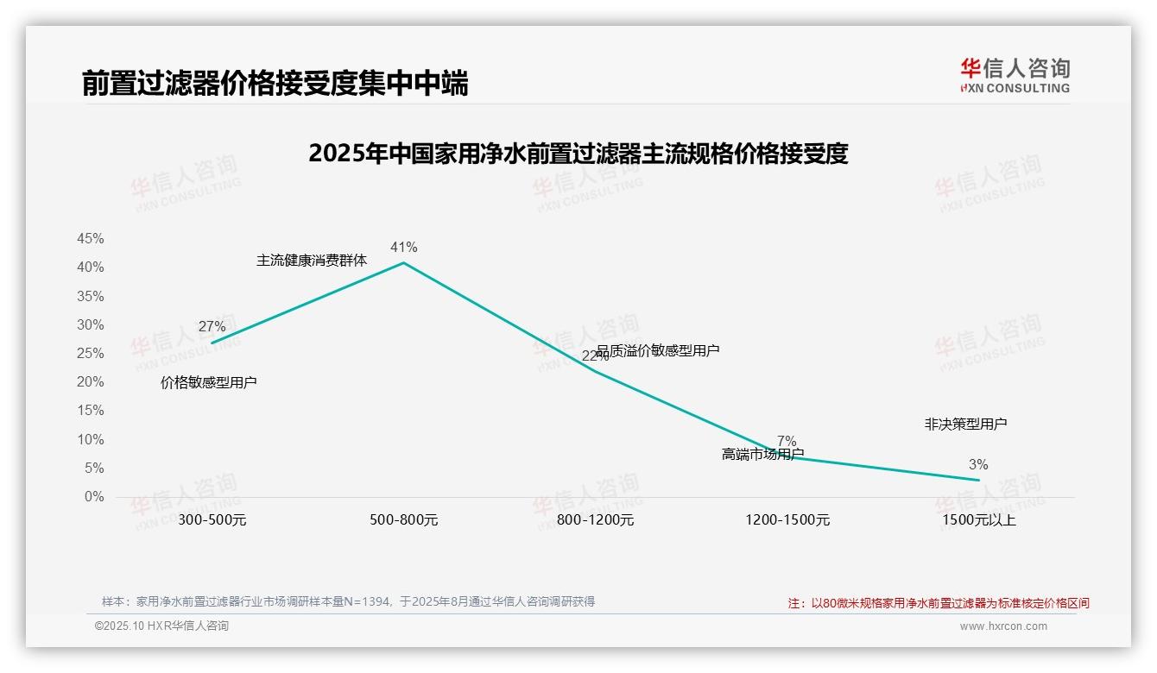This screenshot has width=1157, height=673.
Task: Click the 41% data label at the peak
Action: pos(403,248)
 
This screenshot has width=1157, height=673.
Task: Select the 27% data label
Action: pos(212,327)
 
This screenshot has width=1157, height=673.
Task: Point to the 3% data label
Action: pos(978,465)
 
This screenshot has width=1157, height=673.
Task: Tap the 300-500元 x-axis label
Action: pos(212,520)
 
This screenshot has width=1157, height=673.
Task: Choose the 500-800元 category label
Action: pos(403,520)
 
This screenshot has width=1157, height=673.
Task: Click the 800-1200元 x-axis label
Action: pos(595,520)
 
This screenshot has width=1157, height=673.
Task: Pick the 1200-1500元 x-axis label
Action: pos(787,520)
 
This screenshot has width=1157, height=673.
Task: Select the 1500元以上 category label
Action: pos(979,520)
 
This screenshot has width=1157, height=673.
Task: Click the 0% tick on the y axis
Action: pos(94,497)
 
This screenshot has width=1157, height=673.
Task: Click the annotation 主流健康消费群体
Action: pos(311,261)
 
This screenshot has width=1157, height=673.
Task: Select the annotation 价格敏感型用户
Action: pos(208,383)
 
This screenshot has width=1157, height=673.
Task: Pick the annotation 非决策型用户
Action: pos(965,425)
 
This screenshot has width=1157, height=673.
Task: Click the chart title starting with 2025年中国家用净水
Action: pos(578,154)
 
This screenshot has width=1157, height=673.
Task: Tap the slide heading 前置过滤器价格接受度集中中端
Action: pos(275,84)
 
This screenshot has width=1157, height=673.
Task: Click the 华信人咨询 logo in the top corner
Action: pos(1015,75)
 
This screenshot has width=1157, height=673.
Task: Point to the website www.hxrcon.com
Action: pos(1003,626)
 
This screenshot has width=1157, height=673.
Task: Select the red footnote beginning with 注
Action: pos(939,603)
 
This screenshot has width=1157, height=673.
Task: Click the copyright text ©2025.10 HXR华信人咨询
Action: pos(161,626)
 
